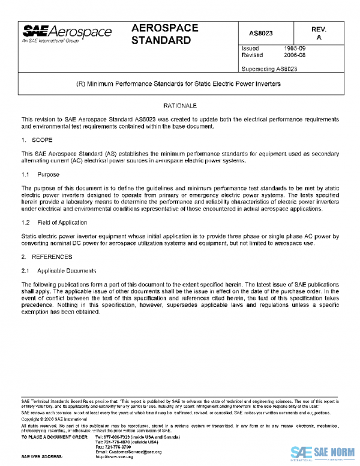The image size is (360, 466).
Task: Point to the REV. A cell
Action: point(319,34)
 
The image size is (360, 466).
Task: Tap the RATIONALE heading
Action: point(179,106)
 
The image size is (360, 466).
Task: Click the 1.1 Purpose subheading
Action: point(41,174)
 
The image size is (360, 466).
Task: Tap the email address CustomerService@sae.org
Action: point(128,452)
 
